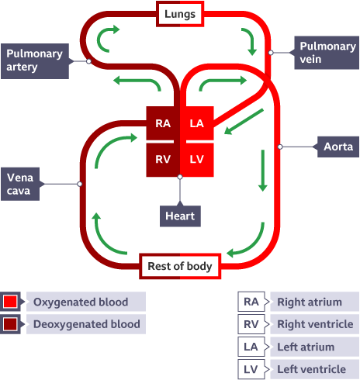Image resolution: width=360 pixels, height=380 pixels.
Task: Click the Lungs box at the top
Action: [x=180, y=14]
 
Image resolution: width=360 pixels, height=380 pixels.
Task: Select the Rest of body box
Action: [x=179, y=266]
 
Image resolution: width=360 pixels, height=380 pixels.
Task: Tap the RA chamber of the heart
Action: [x=163, y=123]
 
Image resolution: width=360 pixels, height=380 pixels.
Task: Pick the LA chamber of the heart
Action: [x=196, y=123]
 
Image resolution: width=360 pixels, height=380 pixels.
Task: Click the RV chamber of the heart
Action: [x=163, y=158]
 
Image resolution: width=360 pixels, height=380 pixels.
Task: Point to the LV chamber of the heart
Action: [x=196, y=158]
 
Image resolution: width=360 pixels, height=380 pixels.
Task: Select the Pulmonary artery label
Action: [x=35, y=60]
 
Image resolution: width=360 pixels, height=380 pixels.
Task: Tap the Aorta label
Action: [x=338, y=146]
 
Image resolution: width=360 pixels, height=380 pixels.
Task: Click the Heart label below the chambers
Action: [x=180, y=216]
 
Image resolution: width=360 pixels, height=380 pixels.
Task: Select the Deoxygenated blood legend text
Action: [x=88, y=324]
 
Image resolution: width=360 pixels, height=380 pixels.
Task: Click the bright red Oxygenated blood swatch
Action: [x=11, y=301]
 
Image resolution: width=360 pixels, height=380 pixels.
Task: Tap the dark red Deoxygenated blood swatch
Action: [x=11, y=324]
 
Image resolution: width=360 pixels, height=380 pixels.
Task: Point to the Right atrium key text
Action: [x=314, y=301]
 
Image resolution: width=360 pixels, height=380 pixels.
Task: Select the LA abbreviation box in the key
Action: [x=251, y=347]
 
